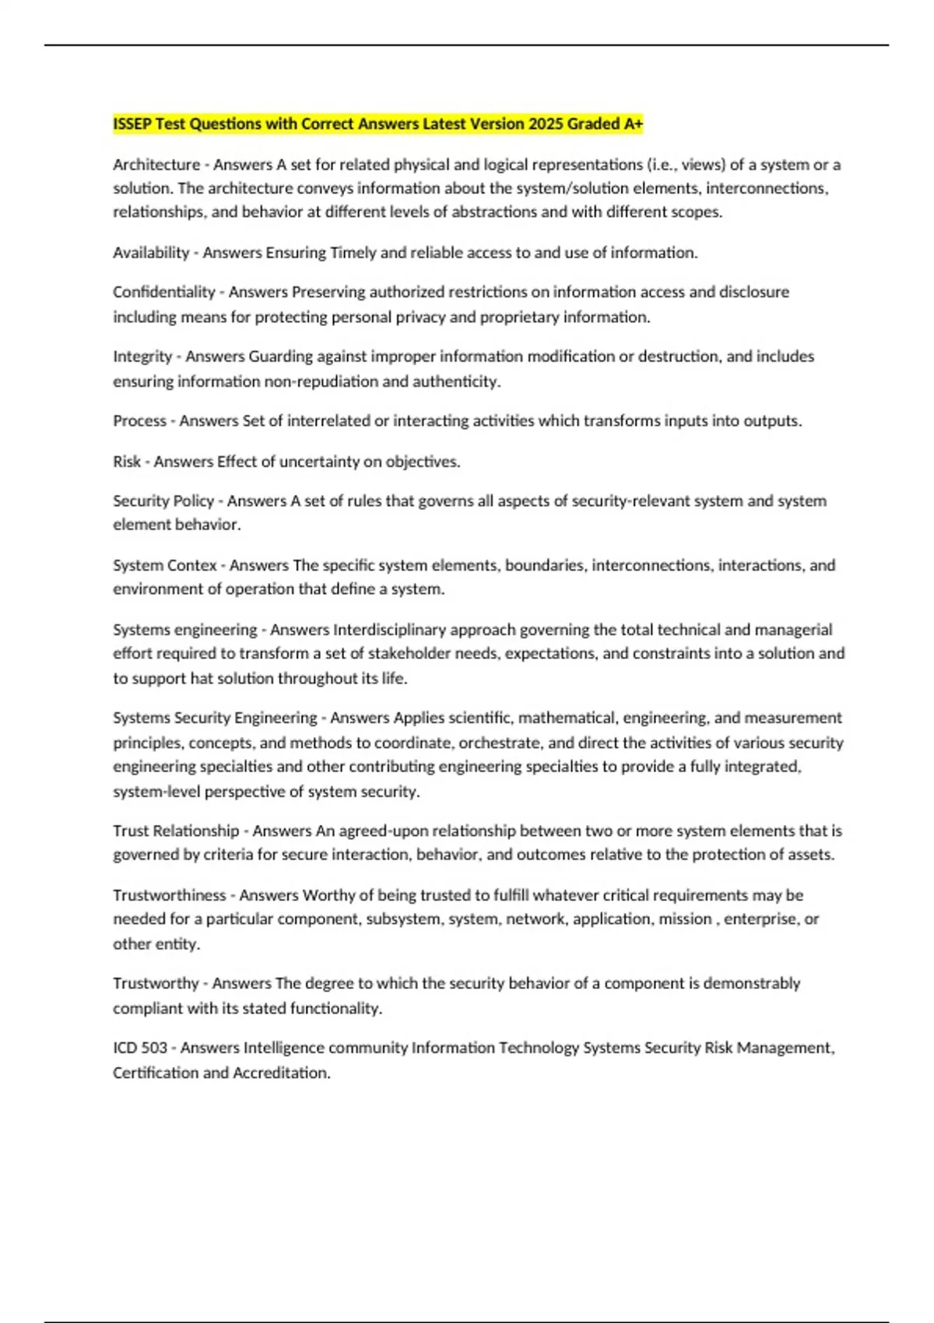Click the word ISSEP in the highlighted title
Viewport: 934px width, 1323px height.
[x=132, y=125]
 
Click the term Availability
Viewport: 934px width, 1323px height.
[x=151, y=253]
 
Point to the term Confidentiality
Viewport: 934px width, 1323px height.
[x=163, y=293]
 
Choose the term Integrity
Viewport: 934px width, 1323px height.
[x=142, y=356]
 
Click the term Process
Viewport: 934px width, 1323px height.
[x=139, y=421]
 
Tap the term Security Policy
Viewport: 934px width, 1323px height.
[x=163, y=501]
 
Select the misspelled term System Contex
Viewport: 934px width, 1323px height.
[x=164, y=566]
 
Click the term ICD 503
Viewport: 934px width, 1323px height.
[x=140, y=1048]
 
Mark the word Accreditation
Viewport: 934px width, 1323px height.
[x=281, y=1073]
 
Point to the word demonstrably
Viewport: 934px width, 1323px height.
[x=751, y=984]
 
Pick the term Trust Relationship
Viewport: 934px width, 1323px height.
[x=176, y=831]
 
